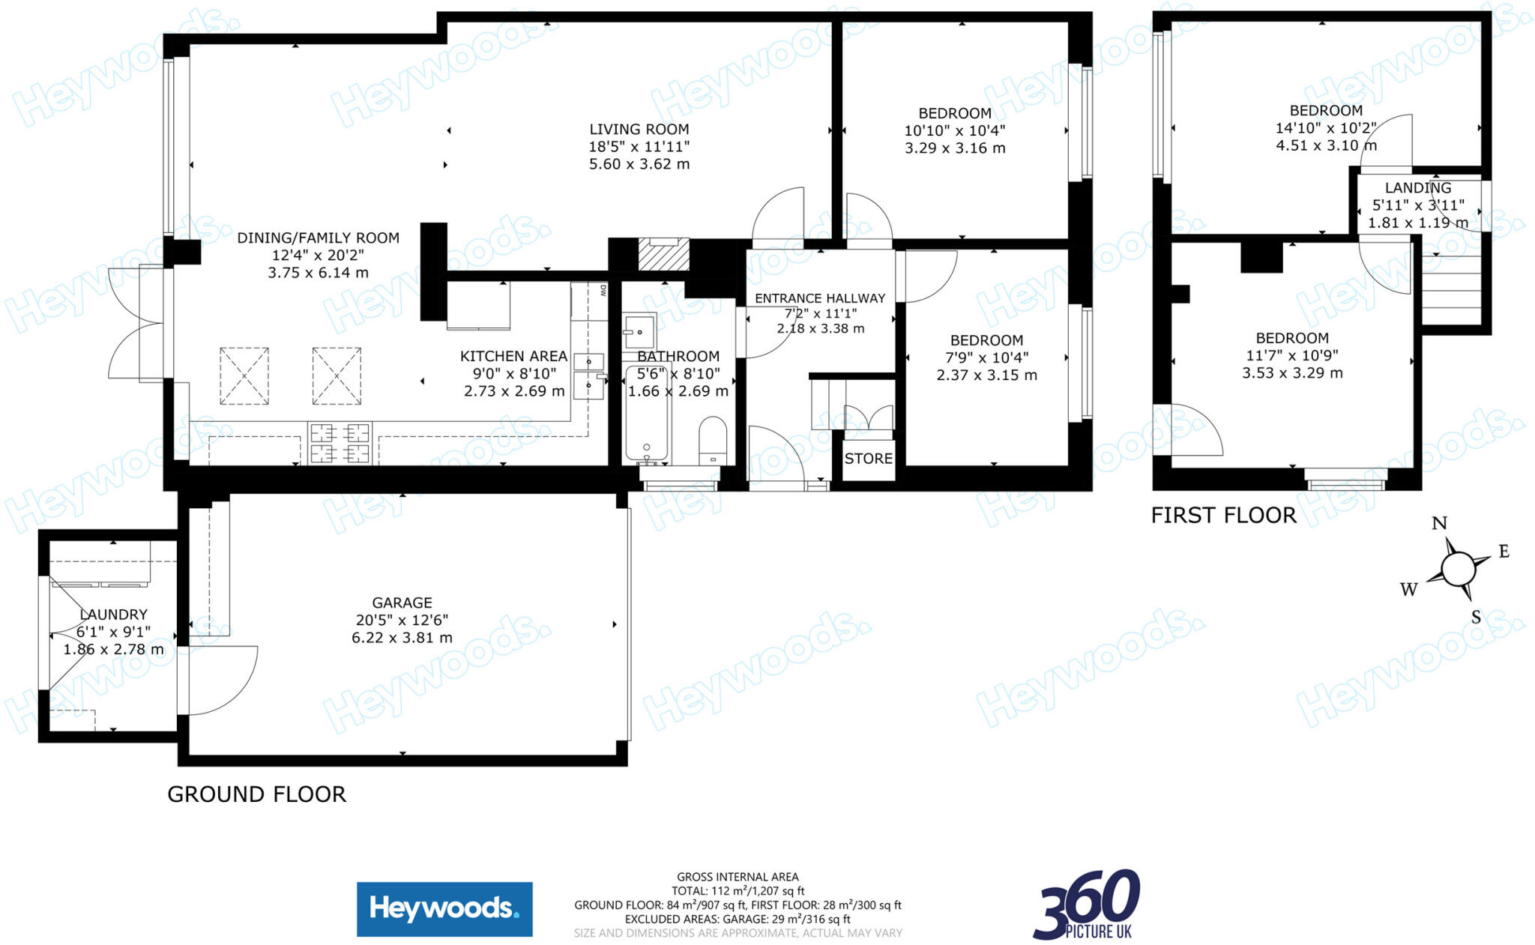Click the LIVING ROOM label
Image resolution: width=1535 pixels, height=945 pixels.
point(639,130)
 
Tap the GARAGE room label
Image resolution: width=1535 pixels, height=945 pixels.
point(402,603)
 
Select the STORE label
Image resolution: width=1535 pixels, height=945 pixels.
point(868,459)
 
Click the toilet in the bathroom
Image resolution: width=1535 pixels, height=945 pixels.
point(712,442)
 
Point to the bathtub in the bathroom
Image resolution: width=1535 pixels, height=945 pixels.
point(646,412)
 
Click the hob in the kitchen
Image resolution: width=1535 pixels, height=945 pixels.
point(340,443)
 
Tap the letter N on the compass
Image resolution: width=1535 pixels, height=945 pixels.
point(1439,523)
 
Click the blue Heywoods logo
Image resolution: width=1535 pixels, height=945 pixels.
point(444,909)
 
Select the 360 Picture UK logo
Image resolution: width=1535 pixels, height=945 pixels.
point(1087,905)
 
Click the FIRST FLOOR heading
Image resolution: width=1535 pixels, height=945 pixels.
point(1223,516)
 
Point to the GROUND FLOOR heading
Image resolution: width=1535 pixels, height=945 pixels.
point(256,794)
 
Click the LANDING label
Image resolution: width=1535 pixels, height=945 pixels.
point(1417,188)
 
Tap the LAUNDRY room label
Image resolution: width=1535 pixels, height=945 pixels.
point(113,615)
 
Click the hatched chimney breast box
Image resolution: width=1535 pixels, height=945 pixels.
point(663,254)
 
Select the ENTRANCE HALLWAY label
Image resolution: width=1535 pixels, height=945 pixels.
point(819,298)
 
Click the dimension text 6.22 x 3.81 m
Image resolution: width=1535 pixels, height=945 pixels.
point(402,638)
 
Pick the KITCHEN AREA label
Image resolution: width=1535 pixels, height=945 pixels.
point(513,356)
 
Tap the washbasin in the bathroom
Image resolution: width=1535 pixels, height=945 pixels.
point(639,330)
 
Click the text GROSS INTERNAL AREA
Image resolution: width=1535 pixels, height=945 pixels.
point(738,877)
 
